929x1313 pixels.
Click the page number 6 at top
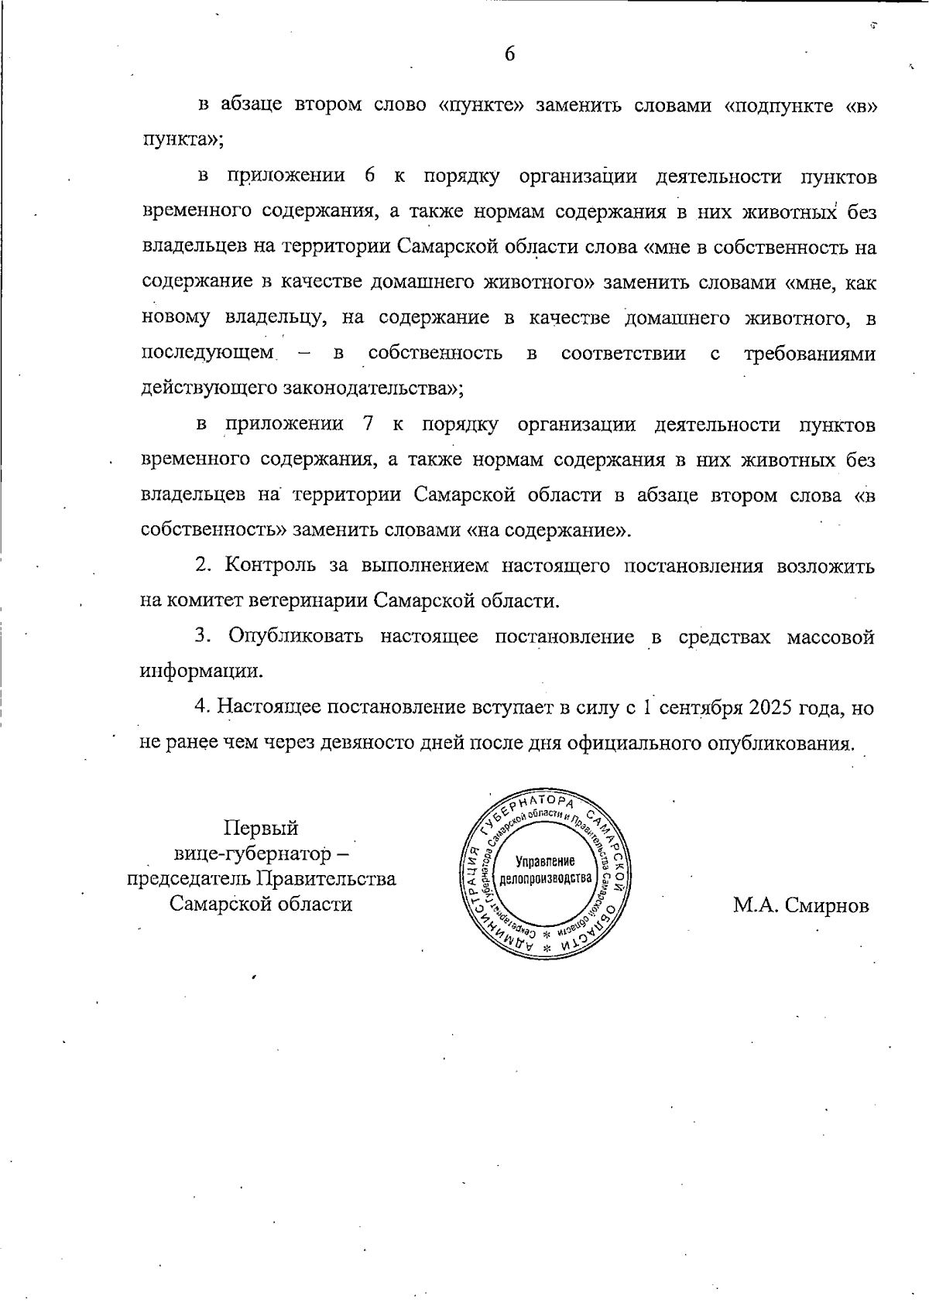coord(509,53)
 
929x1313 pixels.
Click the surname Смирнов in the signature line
coord(826,905)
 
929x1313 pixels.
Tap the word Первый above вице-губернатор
coord(261,828)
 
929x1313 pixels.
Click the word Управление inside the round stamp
coord(545,861)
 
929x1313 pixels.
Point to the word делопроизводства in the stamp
coord(545,878)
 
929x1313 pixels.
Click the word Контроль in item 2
coord(269,566)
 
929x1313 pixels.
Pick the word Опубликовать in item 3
coord(295,637)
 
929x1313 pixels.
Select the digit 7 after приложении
coord(368,424)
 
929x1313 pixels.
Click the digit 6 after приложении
coord(369,176)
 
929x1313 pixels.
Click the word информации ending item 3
coord(201,672)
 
